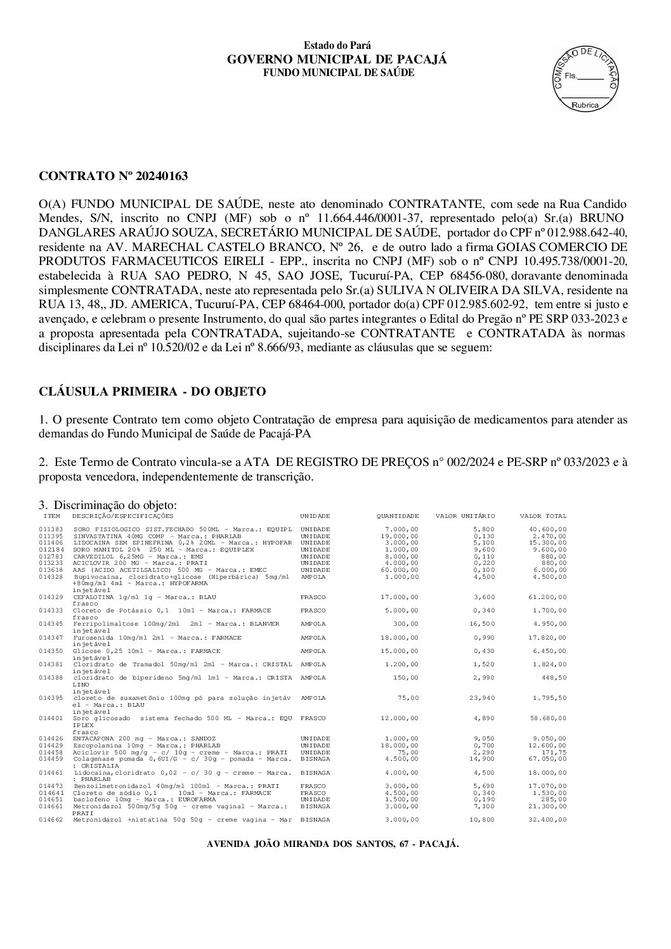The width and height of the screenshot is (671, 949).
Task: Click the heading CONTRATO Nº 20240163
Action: (114, 176)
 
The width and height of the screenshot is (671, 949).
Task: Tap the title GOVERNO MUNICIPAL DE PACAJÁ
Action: (337, 59)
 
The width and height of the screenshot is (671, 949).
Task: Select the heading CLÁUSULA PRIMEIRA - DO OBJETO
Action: (152, 392)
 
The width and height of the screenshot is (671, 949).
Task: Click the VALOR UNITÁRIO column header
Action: (465, 516)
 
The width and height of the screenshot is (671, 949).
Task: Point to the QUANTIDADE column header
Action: (398, 516)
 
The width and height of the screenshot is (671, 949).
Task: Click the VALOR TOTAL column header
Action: (543, 516)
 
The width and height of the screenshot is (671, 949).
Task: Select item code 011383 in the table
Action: (50, 529)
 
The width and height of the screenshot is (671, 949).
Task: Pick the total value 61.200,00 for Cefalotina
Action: (548, 597)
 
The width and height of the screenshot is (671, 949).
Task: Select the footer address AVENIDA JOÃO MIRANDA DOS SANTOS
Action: (333, 844)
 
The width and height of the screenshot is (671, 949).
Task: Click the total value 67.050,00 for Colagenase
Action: (548, 758)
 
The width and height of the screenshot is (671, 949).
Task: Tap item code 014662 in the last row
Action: (50, 820)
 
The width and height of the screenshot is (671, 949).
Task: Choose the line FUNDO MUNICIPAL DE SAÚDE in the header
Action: (339, 72)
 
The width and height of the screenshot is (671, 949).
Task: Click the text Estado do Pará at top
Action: (337, 46)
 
